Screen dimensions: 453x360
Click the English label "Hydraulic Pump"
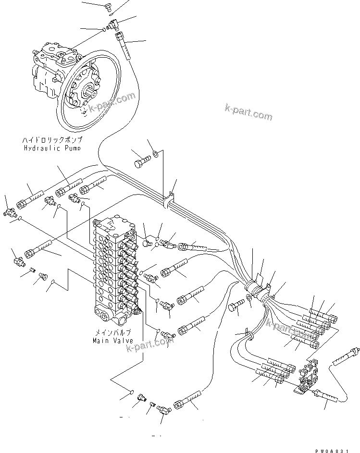[52, 148]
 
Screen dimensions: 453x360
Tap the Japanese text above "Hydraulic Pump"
[52, 140]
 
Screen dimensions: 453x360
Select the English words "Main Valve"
[112, 341]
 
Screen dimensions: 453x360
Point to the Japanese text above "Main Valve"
[112, 332]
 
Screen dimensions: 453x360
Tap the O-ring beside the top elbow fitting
[103, 30]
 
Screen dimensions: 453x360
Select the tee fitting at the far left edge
[9, 211]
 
